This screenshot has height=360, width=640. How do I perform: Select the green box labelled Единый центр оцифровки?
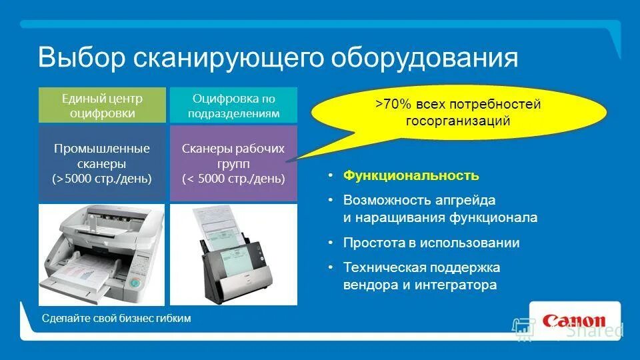(102, 105)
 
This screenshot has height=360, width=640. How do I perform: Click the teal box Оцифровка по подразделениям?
(233, 105)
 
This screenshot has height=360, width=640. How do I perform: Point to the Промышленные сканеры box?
(102, 163)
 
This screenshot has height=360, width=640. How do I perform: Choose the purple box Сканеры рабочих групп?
(233, 163)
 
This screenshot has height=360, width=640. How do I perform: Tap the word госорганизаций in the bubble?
(458, 121)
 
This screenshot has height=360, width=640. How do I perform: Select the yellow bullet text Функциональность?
(411, 176)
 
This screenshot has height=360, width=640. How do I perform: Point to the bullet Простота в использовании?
(431, 243)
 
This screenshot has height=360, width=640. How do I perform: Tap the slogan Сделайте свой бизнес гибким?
(116, 319)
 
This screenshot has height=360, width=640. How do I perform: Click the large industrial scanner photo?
(102, 253)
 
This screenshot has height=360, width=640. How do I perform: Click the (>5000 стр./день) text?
(102, 179)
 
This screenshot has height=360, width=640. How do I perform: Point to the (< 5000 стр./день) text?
(233, 179)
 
